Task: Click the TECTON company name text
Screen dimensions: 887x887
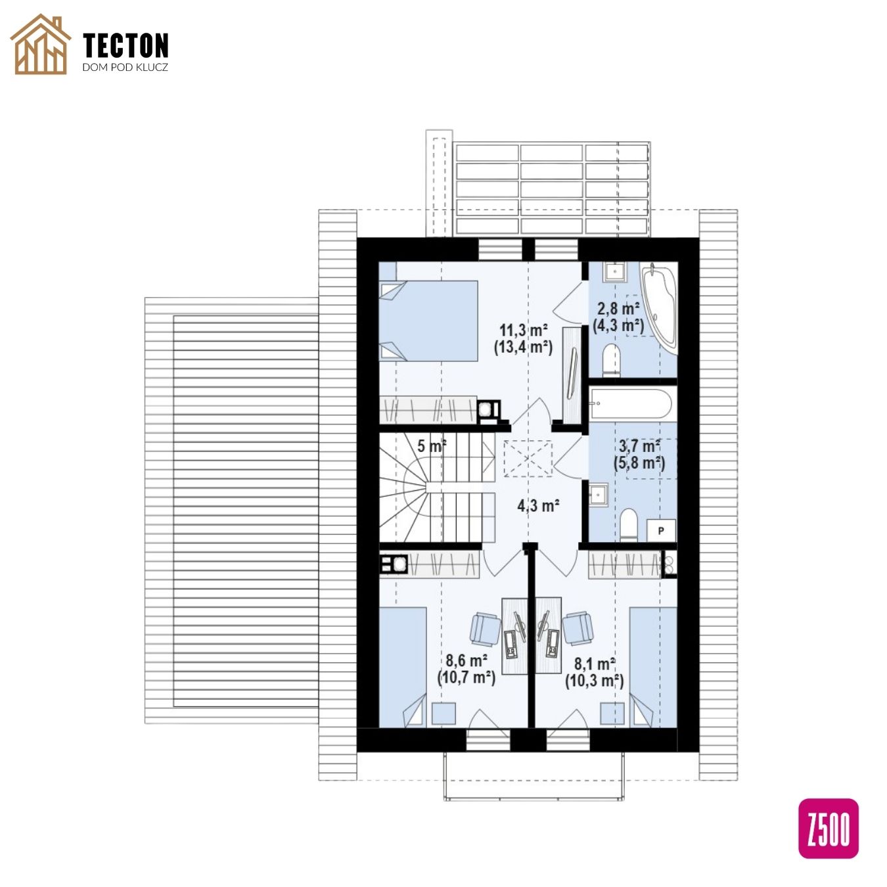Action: pyautogui.click(x=125, y=45)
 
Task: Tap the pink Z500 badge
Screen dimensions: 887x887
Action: pyautogui.click(x=828, y=829)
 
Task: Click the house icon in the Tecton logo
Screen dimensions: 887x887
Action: pyautogui.click(x=41, y=44)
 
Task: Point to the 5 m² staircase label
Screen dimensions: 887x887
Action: pyautogui.click(x=432, y=445)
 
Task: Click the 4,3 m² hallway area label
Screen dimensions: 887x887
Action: pyautogui.click(x=538, y=506)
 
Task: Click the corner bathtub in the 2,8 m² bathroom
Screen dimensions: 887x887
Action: pyautogui.click(x=660, y=308)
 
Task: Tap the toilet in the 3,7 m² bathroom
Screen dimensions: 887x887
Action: pyautogui.click(x=628, y=525)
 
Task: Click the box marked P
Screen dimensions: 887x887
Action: pyautogui.click(x=661, y=531)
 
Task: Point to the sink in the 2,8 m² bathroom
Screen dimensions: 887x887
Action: pyautogui.click(x=614, y=271)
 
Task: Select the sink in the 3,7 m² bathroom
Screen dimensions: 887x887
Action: pyautogui.click(x=599, y=493)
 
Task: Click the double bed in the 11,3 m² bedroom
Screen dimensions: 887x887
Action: pyautogui.click(x=428, y=321)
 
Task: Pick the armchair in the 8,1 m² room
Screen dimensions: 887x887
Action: pyautogui.click(x=578, y=628)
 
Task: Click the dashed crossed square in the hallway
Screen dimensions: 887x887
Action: pyautogui.click(x=528, y=459)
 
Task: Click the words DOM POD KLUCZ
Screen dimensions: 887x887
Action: pyautogui.click(x=125, y=67)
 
